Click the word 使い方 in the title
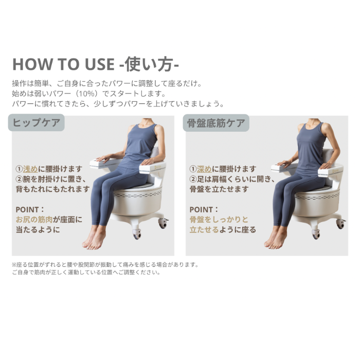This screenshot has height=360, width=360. (149, 64)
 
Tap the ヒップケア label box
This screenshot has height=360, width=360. (37, 123)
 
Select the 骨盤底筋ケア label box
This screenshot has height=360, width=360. (216, 123)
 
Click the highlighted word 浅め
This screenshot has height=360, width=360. (30, 169)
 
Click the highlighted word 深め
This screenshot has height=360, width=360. (204, 169)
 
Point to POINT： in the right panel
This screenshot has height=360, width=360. (204, 209)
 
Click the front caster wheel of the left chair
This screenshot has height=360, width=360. (137, 234)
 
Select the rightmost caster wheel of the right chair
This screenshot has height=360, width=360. (340, 224)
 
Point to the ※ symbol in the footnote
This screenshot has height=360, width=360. (14, 265)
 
